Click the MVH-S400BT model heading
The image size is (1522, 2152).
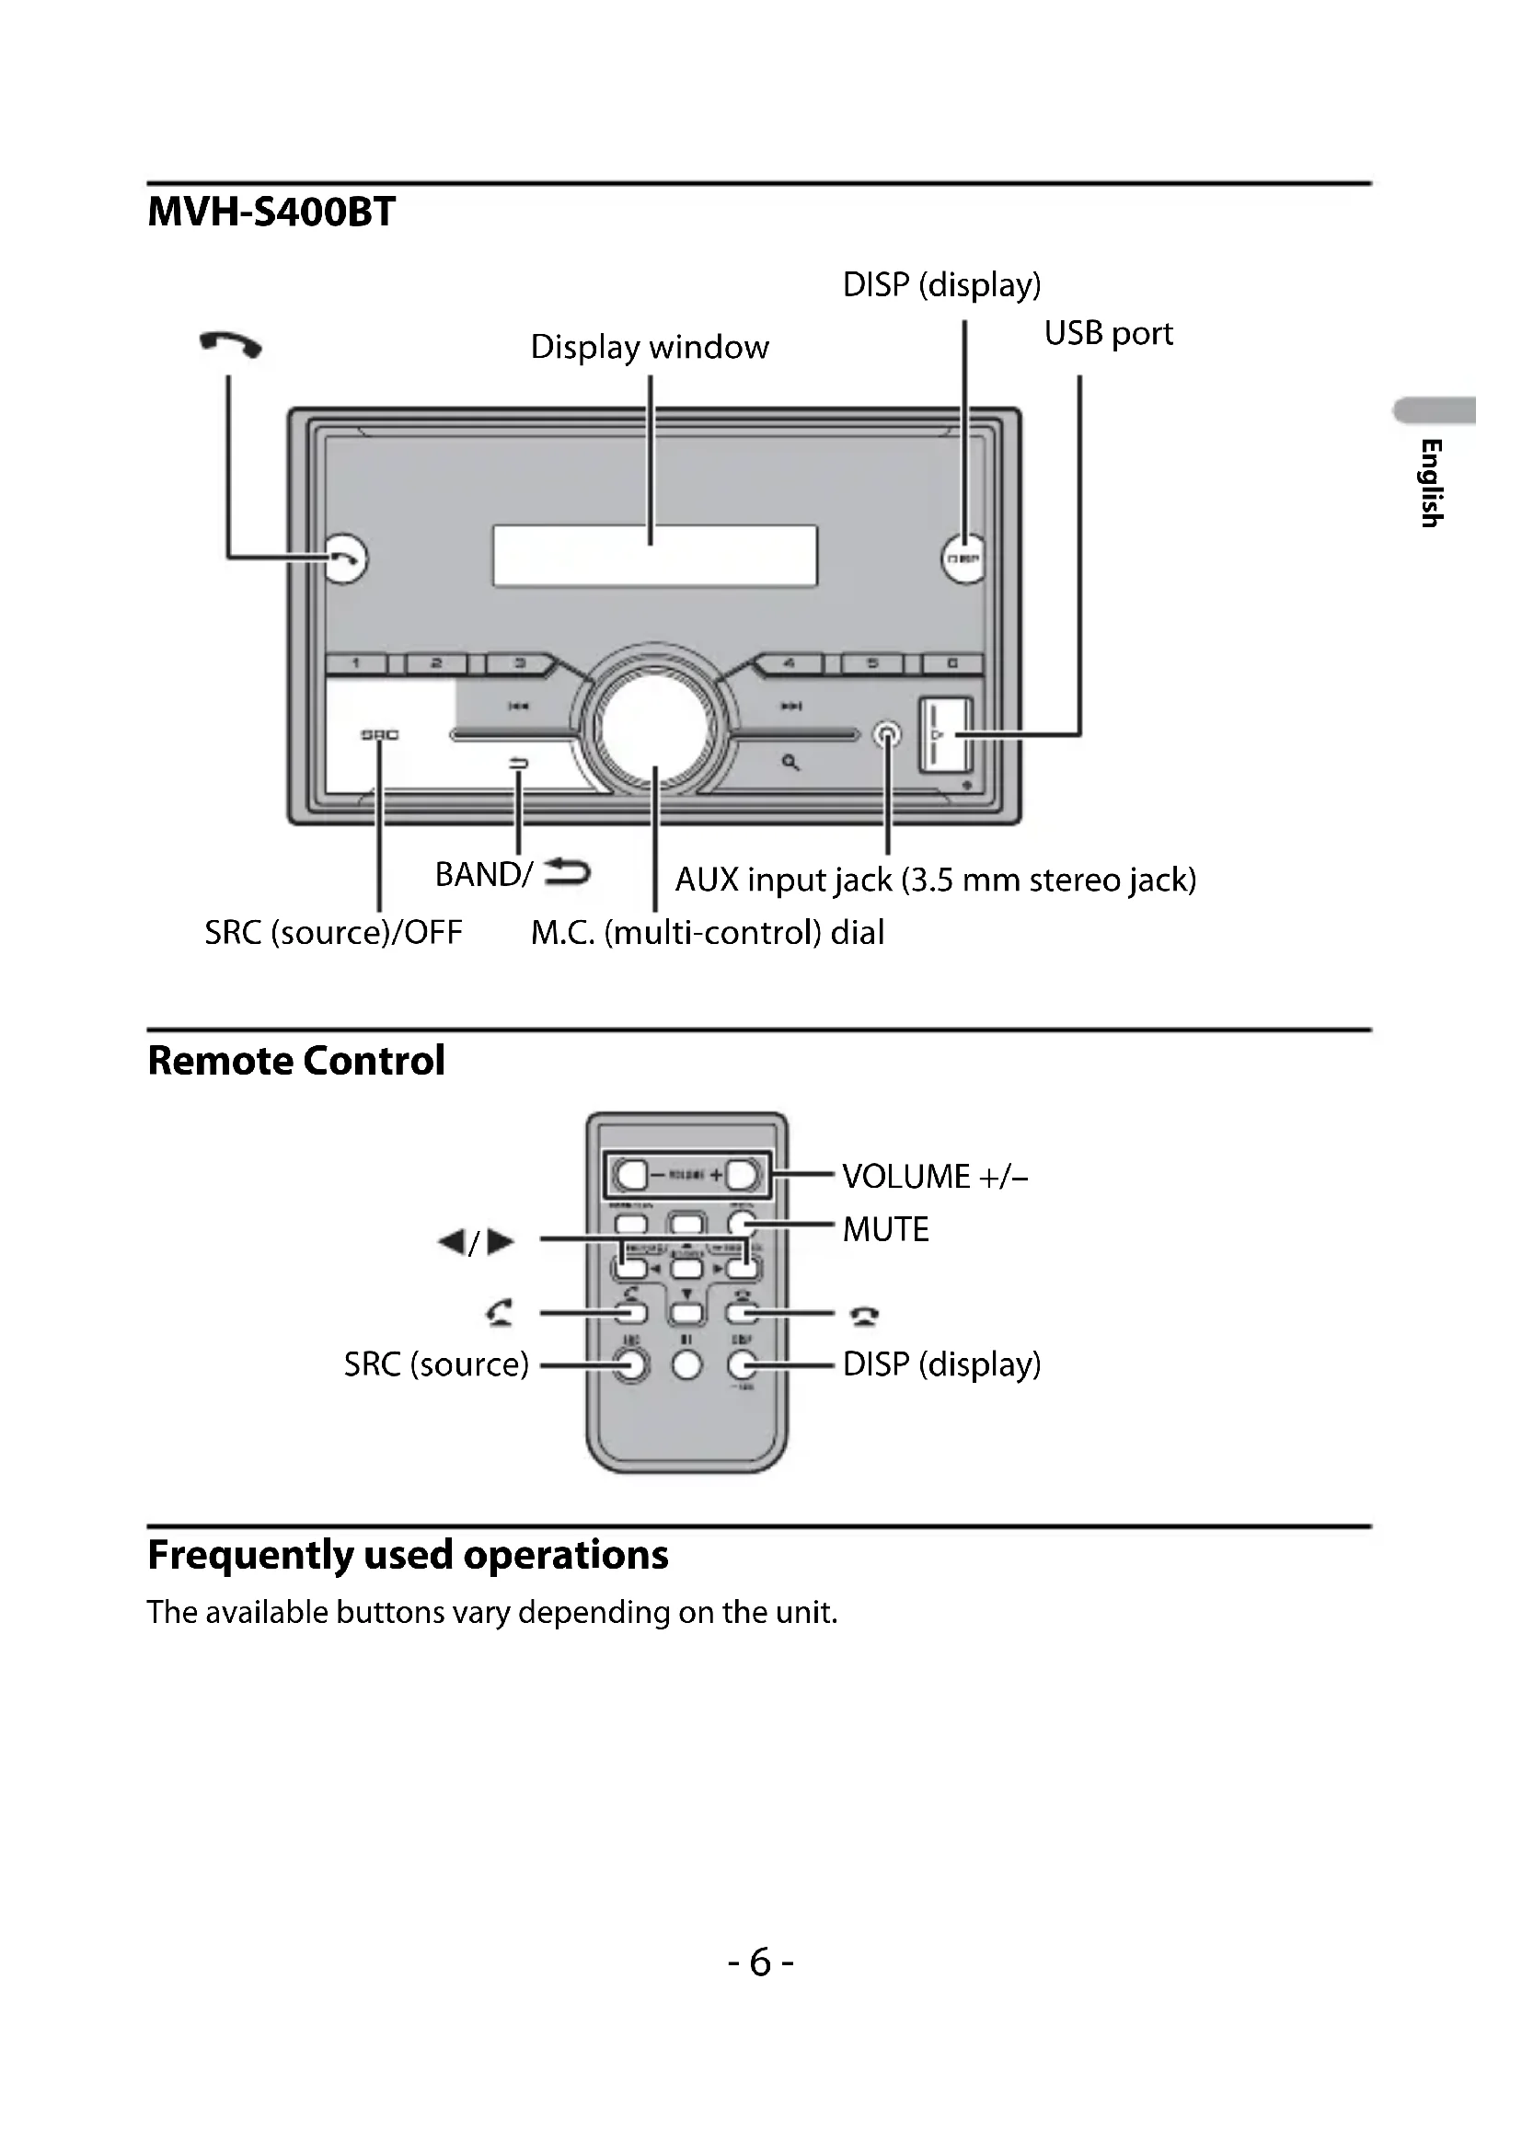coord(271,212)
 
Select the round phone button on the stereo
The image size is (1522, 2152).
coord(345,558)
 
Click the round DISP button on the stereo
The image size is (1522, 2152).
coord(963,558)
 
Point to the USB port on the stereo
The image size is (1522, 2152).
coord(946,735)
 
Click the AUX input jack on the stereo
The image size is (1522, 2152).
coord(886,735)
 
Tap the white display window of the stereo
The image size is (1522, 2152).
coord(655,556)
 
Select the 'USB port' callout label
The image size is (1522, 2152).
coord(1108,334)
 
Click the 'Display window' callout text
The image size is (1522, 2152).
coord(649,347)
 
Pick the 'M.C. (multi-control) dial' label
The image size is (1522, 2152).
coord(707,933)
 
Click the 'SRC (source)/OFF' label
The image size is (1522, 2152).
coord(334,933)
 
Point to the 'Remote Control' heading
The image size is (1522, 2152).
coord(296,1061)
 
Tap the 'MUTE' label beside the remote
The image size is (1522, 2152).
coord(884,1229)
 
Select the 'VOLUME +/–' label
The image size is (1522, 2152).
coord(934,1177)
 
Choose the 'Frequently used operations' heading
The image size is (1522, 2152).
coord(408,1555)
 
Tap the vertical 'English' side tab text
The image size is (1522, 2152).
coord(1430,483)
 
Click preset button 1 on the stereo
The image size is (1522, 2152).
coord(356,664)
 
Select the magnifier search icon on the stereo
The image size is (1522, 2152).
coord(791,763)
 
